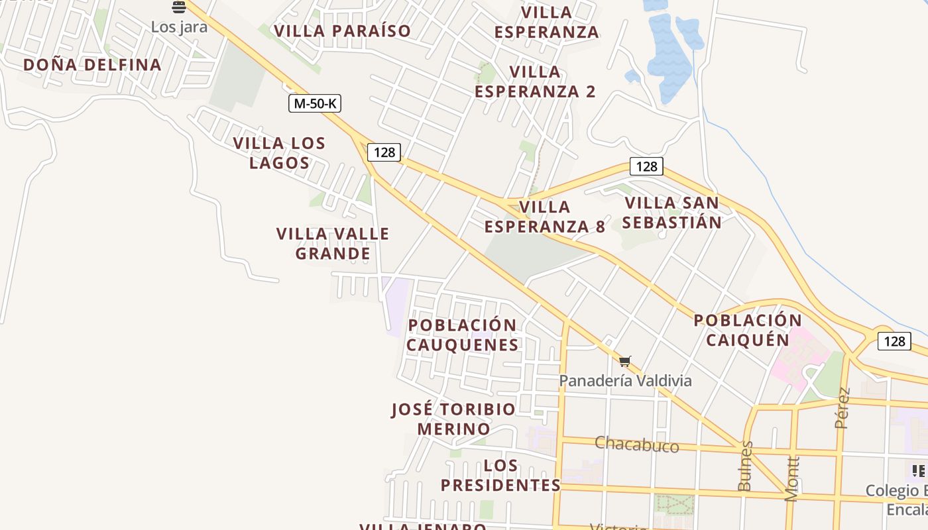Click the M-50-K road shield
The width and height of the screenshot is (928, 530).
point(315,103)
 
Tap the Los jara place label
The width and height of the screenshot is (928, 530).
point(179,27)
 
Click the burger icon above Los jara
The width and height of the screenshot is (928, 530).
point(178,7)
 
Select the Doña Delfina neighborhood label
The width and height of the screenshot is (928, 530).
point(92,64)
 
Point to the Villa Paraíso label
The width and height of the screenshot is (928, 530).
point(343,31)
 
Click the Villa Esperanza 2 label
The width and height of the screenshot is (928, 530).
point(535,81)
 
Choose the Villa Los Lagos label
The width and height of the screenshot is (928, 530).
point(279,153)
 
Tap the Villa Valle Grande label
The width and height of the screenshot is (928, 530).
point(333,243)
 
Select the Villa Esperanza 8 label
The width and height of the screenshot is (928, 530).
point(544,217)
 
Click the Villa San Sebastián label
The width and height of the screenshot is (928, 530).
point(672,213)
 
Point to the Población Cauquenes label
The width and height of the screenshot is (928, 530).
point(462,335)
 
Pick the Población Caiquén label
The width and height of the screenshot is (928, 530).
point(748,330)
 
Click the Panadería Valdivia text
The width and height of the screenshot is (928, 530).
point(625,381)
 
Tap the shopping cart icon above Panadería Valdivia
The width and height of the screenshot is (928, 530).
point(624,362)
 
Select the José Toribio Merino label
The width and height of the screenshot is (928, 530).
point(453,419)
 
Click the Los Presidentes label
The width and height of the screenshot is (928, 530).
point(500,475)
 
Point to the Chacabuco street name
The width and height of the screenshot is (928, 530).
point(636,444)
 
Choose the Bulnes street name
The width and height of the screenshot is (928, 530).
point(745,466)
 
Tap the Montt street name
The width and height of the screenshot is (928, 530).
point(792,478)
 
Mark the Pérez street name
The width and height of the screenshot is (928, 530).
point(842,408)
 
